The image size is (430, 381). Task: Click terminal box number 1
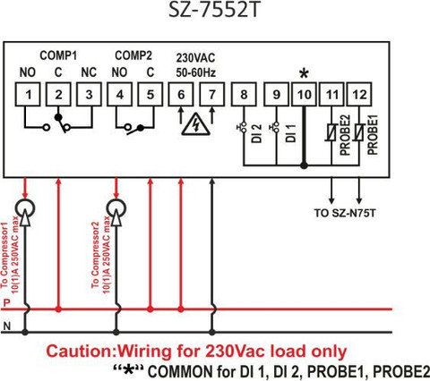[28, 95]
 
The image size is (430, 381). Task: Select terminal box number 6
[181, 95]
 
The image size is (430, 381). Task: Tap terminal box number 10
[304, 95]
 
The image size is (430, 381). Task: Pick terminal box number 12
[359, 95]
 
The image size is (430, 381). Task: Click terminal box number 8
[244, 95]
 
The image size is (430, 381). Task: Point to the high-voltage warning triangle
[196, 123]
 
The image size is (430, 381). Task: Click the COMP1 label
[58, 55]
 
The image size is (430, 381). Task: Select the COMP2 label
[133, 55]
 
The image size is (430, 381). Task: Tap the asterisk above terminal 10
[304, 73]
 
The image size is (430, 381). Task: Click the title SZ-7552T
[213, 10]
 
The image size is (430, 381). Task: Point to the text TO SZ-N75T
[345, 213]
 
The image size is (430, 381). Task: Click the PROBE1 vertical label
[373, 135]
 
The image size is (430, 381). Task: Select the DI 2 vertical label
[256, 133]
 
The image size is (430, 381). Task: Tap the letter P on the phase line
[6, 303]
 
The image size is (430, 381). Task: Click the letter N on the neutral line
[6, 326]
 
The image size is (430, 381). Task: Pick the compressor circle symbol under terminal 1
[25, 208]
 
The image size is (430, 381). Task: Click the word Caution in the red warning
[81, 351]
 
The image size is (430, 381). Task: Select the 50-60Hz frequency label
[195, 72]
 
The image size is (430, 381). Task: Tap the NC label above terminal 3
[89, 72]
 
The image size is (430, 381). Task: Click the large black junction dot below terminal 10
[304, 165]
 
